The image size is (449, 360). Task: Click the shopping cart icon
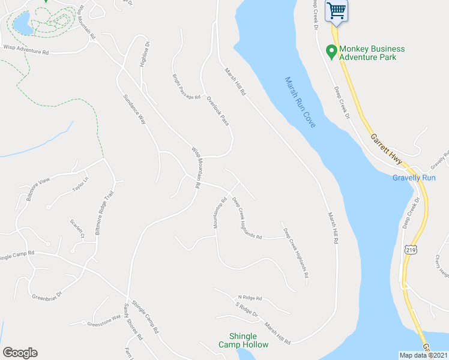(337, 10)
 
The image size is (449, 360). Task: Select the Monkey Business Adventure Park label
(372, 53)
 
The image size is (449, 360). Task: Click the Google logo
(20, 353)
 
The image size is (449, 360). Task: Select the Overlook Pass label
(217, 110)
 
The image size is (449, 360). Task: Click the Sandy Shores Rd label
(133, 322)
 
